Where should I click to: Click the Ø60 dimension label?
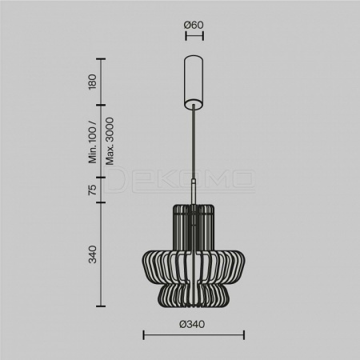(194, 25)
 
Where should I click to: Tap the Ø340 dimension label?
(192, 324)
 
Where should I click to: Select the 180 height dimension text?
(92, 82)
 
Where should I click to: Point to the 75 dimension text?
(92, 190)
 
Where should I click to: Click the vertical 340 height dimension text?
(92, 254)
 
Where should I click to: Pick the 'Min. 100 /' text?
(92, 142)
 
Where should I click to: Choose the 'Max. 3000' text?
(110, 141)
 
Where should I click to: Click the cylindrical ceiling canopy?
(194, 82)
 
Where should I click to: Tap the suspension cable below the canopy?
(194, 142)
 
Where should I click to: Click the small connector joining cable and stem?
(194, 182)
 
